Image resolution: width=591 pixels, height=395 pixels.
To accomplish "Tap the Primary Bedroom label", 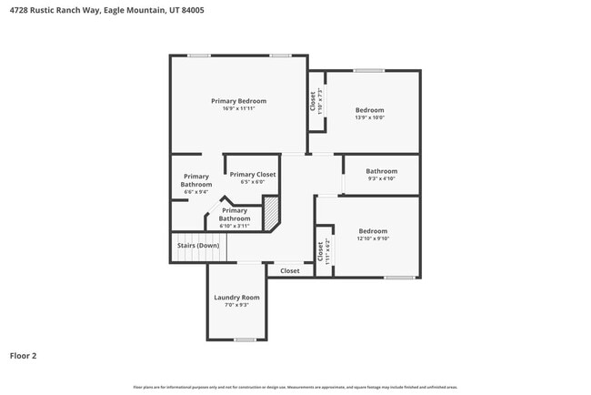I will (x=238, y=100).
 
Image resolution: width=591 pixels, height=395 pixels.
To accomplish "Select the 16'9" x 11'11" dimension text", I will (x=238, y=108).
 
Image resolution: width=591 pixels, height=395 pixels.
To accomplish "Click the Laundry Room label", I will (x=236, y=298).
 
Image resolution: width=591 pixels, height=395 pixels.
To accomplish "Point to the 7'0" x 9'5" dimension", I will (x=236, y=306).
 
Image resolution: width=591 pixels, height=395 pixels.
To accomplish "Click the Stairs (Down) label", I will (x=197, y=246).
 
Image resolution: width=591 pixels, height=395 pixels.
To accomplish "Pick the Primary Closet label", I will (x=252, y=174).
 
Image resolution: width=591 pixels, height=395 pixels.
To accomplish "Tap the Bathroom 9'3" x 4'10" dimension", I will (x=381, y=178).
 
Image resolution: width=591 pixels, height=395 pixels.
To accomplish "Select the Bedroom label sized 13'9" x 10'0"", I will (x=369, y=110).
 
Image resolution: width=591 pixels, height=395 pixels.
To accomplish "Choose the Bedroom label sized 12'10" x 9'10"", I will (x=373, y=231).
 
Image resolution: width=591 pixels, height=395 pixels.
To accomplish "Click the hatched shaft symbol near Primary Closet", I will (x=270, y=216).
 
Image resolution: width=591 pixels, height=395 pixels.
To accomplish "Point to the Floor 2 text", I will (x=23, y=356).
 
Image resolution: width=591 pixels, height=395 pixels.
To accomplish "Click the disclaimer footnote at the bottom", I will (x=295, y=388).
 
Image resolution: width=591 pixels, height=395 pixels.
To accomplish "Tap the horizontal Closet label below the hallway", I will (x=289, y=270).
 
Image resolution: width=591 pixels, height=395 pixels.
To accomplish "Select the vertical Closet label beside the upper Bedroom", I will (x=313, y=100).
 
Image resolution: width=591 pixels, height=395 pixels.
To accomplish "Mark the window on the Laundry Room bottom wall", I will (x=245, y=339).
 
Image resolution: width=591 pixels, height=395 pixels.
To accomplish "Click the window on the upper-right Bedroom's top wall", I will (x=368, y=70).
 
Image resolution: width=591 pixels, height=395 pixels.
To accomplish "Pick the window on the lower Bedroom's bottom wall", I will (x=399, y=278).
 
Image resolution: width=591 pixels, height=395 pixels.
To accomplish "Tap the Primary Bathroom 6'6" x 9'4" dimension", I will (x=195, y=192).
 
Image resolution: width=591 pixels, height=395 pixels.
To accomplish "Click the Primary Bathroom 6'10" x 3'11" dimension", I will (x=234, y=226).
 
